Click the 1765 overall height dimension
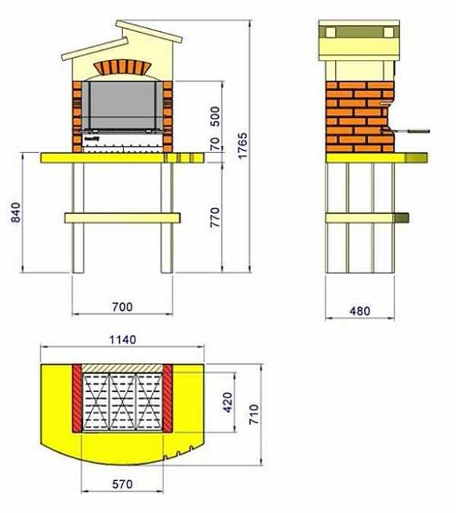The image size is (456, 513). pos(242,146)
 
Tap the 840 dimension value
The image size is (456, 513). pos(15,213)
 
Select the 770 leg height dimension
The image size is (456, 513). pos(215,217)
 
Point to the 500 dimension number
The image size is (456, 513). pos(215,116)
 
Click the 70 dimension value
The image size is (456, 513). pos(215,144)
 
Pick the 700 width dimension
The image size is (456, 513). pos(122,307)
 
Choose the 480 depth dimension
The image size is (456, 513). pos(359,311)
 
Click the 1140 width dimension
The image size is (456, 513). pos(122,340)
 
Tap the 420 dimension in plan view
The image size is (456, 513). pos(227,402)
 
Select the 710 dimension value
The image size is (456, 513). pos(254,414)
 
